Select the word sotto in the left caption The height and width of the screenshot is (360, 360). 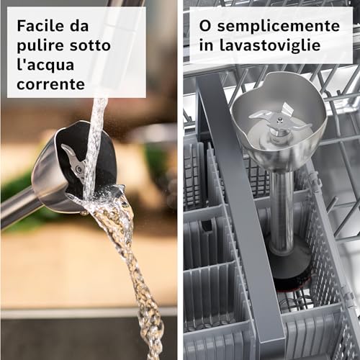click(90, 45)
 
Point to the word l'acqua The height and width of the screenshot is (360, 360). click(45, 66)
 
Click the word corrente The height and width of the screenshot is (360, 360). click(50, 84)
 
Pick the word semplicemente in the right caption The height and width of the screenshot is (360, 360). click(279, 26)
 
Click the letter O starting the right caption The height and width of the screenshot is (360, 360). click(205, 26)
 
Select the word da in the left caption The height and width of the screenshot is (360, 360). click(79, 26)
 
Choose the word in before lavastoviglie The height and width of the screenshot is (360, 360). click(206, 45)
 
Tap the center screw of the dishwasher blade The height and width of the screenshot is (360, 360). click(279, 119)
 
